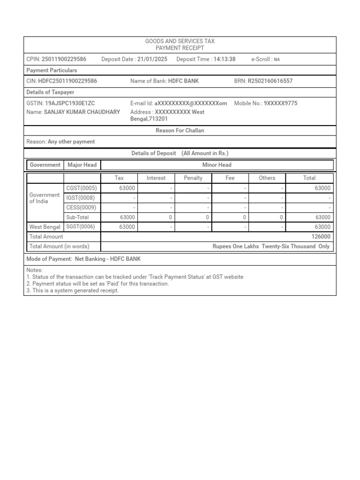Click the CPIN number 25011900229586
tap(64, 60)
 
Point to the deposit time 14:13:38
tap(225, 60)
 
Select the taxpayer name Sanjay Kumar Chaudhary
tap(82, 112)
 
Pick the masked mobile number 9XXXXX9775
tap(280, 103)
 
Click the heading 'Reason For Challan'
tap(180, 131)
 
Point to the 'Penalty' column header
tap(193, 178)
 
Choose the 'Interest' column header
tap(156, 178)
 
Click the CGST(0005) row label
tap(82, 188)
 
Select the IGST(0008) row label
tap(80, 198)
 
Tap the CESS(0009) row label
tap(81, 208)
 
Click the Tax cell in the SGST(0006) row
tap(119, 227)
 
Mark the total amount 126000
tap(321, 237)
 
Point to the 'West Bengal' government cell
tap(45, 227)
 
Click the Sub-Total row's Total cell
tap(309, 217)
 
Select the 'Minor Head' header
tap(217, 165)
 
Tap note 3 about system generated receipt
tap(73, 291)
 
